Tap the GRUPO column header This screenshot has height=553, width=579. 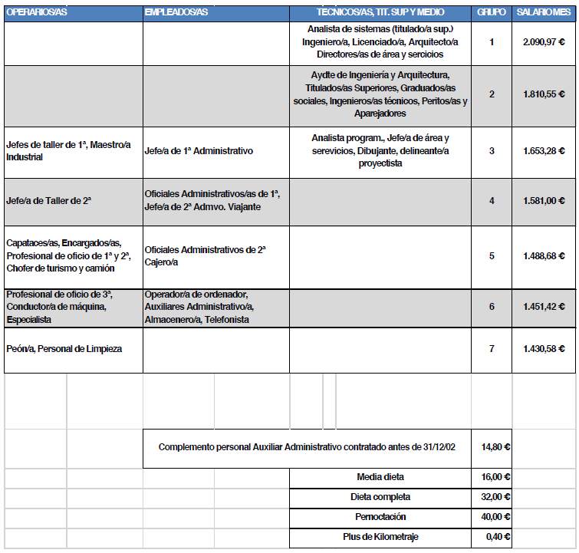coord(491,14)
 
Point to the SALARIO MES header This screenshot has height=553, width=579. coord(544,14)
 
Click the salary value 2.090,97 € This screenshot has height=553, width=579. coord(544,42)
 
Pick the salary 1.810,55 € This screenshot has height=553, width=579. coord(544,94)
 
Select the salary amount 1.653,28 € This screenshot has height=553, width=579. coord(544,151)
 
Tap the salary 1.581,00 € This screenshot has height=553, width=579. coord(544,201)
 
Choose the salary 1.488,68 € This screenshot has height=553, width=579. coord(544,256)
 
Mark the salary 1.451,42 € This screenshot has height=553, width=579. coord(544,306)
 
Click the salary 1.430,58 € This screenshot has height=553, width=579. coord(544,348)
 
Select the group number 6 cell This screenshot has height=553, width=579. coord(492,306)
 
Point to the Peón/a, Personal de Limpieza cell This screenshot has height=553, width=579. coord(64,348)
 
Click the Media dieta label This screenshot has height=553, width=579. coord(381,477)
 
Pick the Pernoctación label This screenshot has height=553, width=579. coord(381,517)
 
